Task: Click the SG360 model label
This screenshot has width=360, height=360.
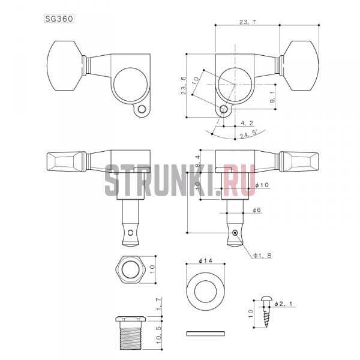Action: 59,19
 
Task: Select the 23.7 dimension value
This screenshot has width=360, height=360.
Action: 247,22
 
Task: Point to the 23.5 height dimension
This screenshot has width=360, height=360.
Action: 184,85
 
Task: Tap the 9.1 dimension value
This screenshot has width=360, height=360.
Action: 272,97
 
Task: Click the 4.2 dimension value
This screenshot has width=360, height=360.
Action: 247,123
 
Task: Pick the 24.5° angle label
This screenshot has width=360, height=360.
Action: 248,134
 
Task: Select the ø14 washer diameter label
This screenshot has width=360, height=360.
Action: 206,260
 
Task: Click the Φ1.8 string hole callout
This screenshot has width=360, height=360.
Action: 262,256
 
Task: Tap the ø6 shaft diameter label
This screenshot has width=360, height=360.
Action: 257,210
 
